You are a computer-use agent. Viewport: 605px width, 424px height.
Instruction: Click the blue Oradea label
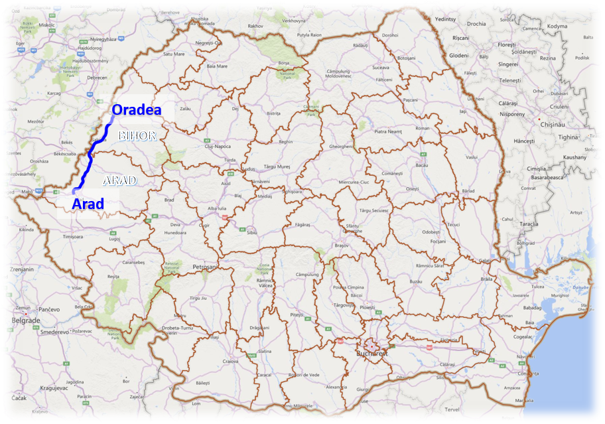click(136, 110)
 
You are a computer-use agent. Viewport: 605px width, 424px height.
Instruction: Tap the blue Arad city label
click(88, 203)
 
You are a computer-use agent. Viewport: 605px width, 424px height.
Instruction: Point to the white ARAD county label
click(119, 180)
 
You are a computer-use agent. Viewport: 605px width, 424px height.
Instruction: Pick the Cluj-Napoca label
click(204, 146)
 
